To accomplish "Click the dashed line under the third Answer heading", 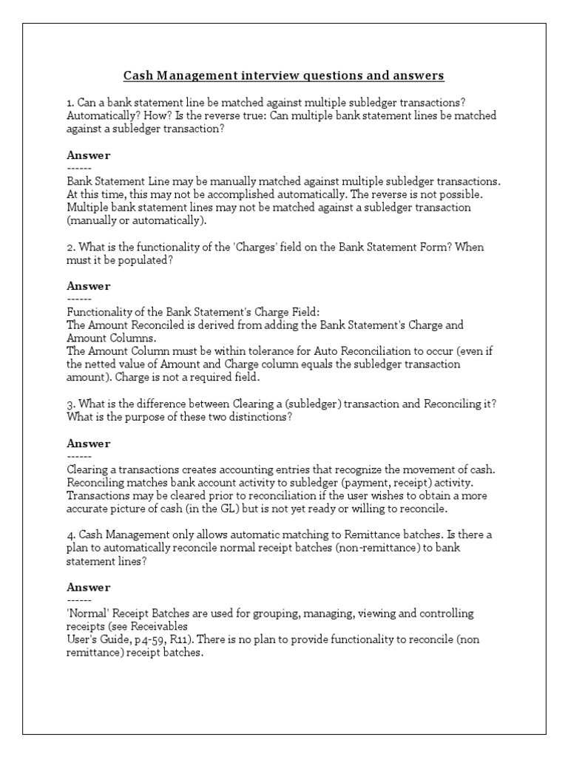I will point(79,456).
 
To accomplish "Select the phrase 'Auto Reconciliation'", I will point(343,351).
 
